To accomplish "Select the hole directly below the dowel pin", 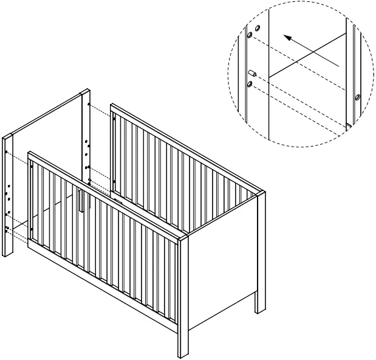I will [250, 83].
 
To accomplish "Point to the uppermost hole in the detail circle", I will [258, 28].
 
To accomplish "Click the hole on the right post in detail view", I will [357, 97].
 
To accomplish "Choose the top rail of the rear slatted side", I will [182, 146].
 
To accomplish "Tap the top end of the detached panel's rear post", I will [85, 94].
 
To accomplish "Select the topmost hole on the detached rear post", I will [89, 105].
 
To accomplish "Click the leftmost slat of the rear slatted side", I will [118, 152].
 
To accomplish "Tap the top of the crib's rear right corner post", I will [262, 193].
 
